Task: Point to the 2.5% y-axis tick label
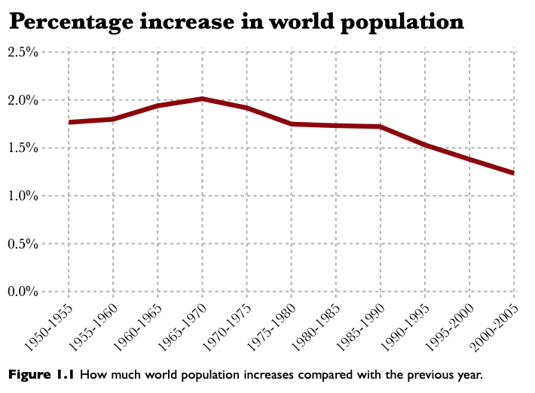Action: coord(24,52)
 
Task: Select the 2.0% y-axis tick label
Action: coord(24,100)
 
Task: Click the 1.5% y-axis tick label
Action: coord(24,148)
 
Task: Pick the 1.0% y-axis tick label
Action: coord(24,196)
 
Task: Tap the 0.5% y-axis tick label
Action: coord(24,244)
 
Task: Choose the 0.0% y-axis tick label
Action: coord(24,291)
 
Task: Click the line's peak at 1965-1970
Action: coord(203,99)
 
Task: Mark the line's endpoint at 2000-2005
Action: coord(514,173)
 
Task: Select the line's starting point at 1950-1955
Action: coord(69,122)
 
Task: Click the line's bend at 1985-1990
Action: coord(381,126)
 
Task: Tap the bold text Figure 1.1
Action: coord(41,374)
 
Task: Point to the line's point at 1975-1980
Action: coord(292,124)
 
